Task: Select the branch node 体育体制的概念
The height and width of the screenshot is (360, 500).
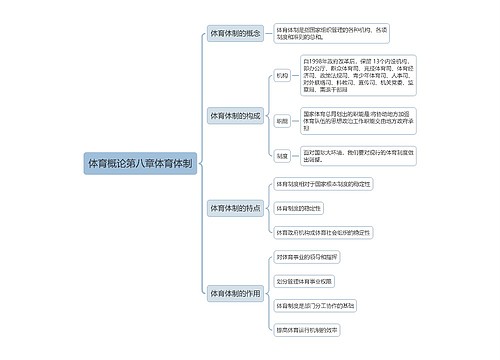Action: point(235,33)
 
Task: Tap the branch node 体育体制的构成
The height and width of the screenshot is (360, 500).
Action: point(235,116)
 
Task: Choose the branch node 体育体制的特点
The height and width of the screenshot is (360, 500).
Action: point(235,208)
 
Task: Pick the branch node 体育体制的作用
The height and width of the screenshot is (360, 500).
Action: point(235,294)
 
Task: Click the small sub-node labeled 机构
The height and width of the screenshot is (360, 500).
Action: point(282,75)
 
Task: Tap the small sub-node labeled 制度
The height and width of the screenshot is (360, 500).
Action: point(282,156)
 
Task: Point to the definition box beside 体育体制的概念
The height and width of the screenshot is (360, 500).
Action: point(321,34)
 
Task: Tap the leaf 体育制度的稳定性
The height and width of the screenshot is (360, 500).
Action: point(300,208)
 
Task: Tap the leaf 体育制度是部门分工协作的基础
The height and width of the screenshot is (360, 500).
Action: point(315,305)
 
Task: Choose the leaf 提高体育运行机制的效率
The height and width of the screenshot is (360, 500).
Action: point(309,329)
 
